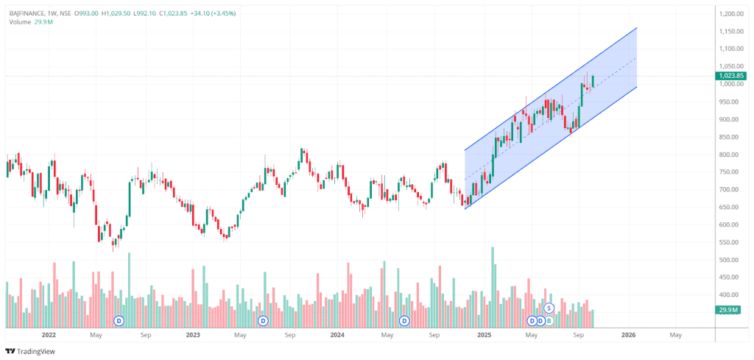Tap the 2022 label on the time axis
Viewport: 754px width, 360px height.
point(49,335)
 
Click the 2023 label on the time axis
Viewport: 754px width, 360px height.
point(193,335)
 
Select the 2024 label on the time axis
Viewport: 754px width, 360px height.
point(337,335)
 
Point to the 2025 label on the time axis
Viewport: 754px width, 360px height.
point(484,335)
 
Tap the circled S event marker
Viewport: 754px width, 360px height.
point(549,308)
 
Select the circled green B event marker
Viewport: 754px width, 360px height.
point(549,321)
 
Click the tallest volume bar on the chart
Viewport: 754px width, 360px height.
point(493,287)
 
